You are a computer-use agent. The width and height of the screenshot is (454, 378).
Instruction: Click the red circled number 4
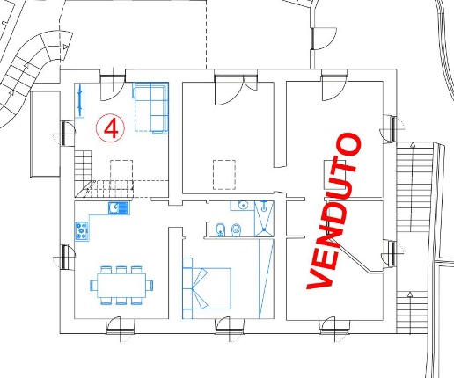[110, 128]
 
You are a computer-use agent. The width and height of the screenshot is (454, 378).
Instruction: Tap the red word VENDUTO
[334, 211]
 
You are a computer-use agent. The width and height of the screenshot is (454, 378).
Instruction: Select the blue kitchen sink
[119, 208]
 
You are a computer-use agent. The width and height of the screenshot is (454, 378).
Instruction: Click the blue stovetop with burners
[82, 231]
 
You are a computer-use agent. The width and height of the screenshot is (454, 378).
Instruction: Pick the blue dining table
[121, 285]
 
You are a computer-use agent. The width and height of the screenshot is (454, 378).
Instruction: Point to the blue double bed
[207, 288]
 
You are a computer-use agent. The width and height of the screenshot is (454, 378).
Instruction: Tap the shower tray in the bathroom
[264, 218]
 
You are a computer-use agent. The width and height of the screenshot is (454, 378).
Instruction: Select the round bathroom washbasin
[243, 206]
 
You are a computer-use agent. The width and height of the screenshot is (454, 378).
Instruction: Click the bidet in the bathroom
[220, 229]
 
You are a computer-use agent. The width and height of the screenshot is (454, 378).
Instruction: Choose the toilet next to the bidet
[236, 229]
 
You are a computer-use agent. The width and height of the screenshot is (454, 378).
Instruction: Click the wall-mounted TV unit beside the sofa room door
[79, 100]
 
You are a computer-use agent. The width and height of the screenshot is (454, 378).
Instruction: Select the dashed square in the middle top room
[224, 175]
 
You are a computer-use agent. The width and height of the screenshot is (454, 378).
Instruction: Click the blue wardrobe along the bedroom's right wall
[267, 279]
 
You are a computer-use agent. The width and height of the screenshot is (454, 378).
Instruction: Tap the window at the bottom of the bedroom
[230, 330]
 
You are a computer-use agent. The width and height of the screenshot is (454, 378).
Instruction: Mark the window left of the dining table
[65, 256]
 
